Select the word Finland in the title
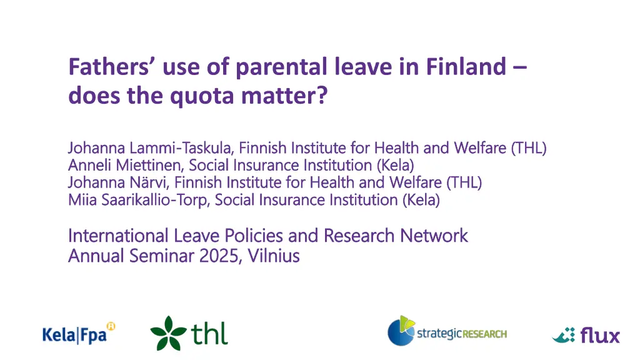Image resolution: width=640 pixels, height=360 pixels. point(466,66)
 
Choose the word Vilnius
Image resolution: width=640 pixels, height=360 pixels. point(274,256)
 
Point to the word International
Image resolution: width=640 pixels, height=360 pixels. point(118,236)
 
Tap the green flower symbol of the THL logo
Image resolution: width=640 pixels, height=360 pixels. point(168,333)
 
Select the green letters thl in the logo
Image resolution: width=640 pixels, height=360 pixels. point(209,334)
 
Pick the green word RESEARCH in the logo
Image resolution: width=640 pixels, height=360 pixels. point(484,334)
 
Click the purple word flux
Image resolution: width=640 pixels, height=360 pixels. point(600,335)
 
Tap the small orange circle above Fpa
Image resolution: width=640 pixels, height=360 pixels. point(111,326)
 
